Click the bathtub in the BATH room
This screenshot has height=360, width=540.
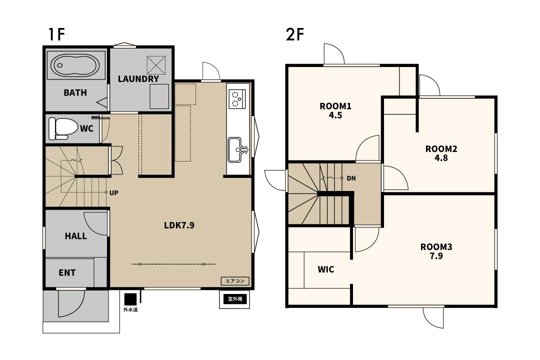(75, 65)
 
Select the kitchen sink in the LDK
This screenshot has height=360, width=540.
(237, 149)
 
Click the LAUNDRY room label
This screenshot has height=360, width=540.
(138, 79)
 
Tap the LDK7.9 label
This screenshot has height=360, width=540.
(179, 225)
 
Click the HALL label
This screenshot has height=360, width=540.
(76, 236)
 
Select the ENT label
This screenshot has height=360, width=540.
(67, 273)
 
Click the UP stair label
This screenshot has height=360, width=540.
(114, 193)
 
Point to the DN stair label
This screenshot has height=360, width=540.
(351, 178)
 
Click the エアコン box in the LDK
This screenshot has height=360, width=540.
(235, 281)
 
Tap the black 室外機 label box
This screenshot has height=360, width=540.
(235, 299)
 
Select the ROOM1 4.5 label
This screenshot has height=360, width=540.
(335, 110)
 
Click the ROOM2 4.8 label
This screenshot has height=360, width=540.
(441, 153)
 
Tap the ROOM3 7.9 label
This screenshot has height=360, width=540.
(436, 251)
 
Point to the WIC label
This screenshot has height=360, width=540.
(326, 269)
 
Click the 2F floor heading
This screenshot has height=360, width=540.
(295, 34)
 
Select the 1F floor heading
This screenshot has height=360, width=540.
(57, 34)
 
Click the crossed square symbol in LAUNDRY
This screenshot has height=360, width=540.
(156, 65)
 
